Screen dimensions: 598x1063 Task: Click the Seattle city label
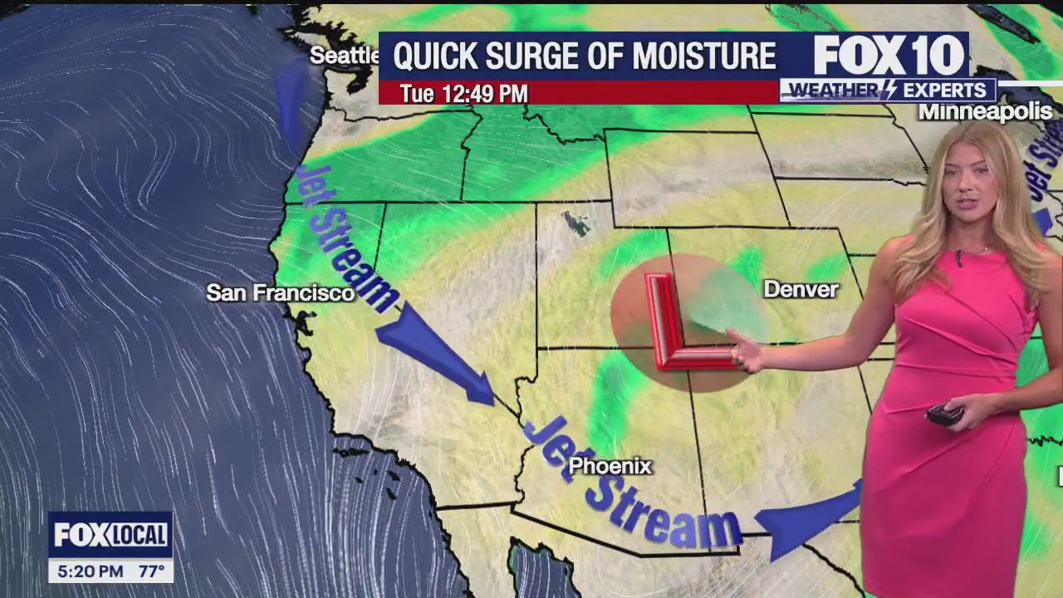pos(344,56)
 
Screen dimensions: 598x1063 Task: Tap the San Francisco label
pos(280,292)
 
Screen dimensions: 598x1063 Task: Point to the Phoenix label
pos(610,467)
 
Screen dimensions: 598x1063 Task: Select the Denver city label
pos(801,289)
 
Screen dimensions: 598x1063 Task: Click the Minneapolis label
pos(985,112)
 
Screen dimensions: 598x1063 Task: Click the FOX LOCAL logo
pos(110,535)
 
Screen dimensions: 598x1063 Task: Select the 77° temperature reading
pos(152,571)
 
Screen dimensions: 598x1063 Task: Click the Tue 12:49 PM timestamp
pos(463,94)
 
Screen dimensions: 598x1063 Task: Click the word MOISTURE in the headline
pos(704,56)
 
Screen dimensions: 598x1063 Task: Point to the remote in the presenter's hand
pos(944,414)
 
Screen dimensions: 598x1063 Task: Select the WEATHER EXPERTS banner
pos(889,90)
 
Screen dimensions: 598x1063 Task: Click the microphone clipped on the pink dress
pos(958,257)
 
